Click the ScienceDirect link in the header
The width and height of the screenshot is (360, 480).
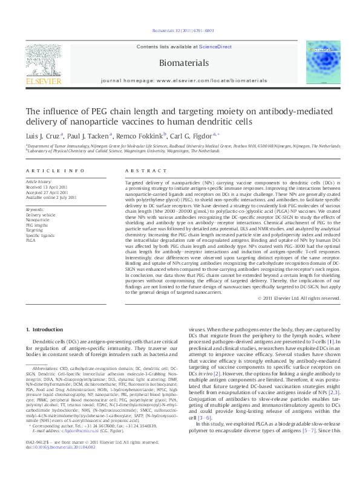click(215, 47)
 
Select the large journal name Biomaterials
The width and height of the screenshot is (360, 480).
click(180, 62)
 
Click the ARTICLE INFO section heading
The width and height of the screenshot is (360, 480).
click(46, 172)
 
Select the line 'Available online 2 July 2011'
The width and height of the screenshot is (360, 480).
click(51, 197)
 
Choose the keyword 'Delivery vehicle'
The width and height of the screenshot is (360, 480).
click(40, 215)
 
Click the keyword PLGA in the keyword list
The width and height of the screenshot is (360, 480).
click(30, 240)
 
